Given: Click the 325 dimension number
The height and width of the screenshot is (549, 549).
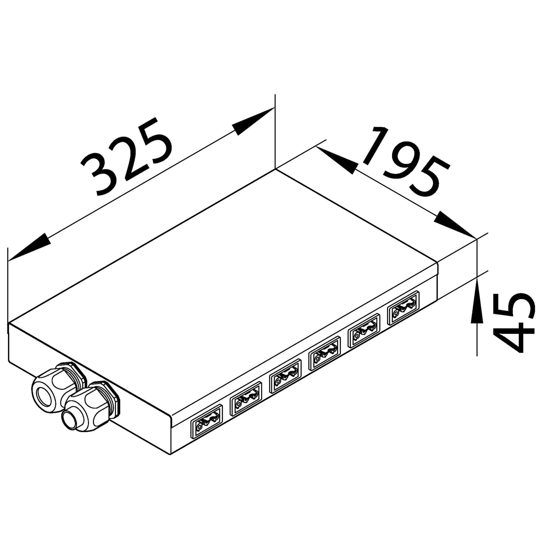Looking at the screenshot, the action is (127, 156).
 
